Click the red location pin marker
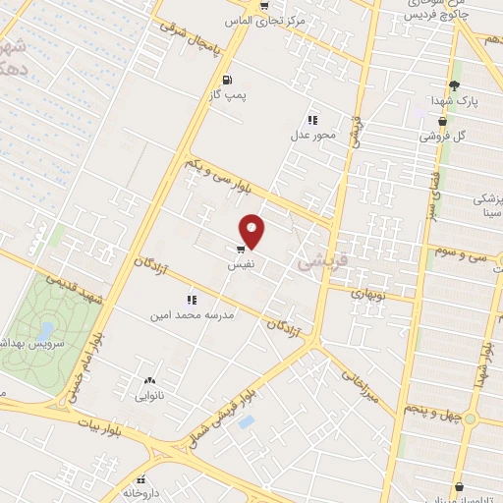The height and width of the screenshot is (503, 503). (x=253, y=232)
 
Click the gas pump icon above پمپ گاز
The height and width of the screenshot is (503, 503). (x=228, y=80)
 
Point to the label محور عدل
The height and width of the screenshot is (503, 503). (x=312, y=136)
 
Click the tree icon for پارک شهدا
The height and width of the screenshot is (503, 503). (x=453, y=84)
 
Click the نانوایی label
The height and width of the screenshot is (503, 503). (x=149, y=397)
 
